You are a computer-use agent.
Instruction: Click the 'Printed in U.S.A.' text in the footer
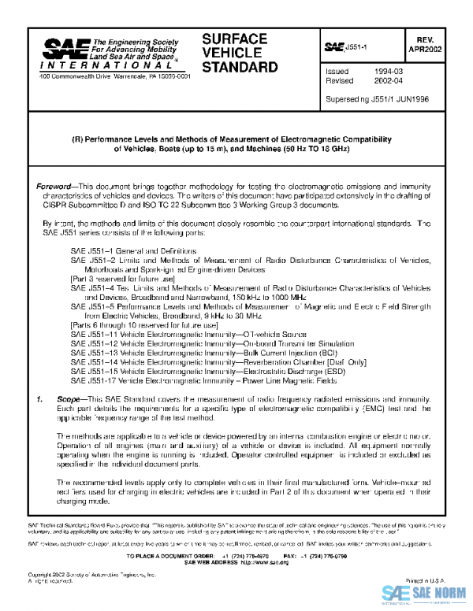(x=426, y=579)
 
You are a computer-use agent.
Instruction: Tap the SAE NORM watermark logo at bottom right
(x=426, y=595)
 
